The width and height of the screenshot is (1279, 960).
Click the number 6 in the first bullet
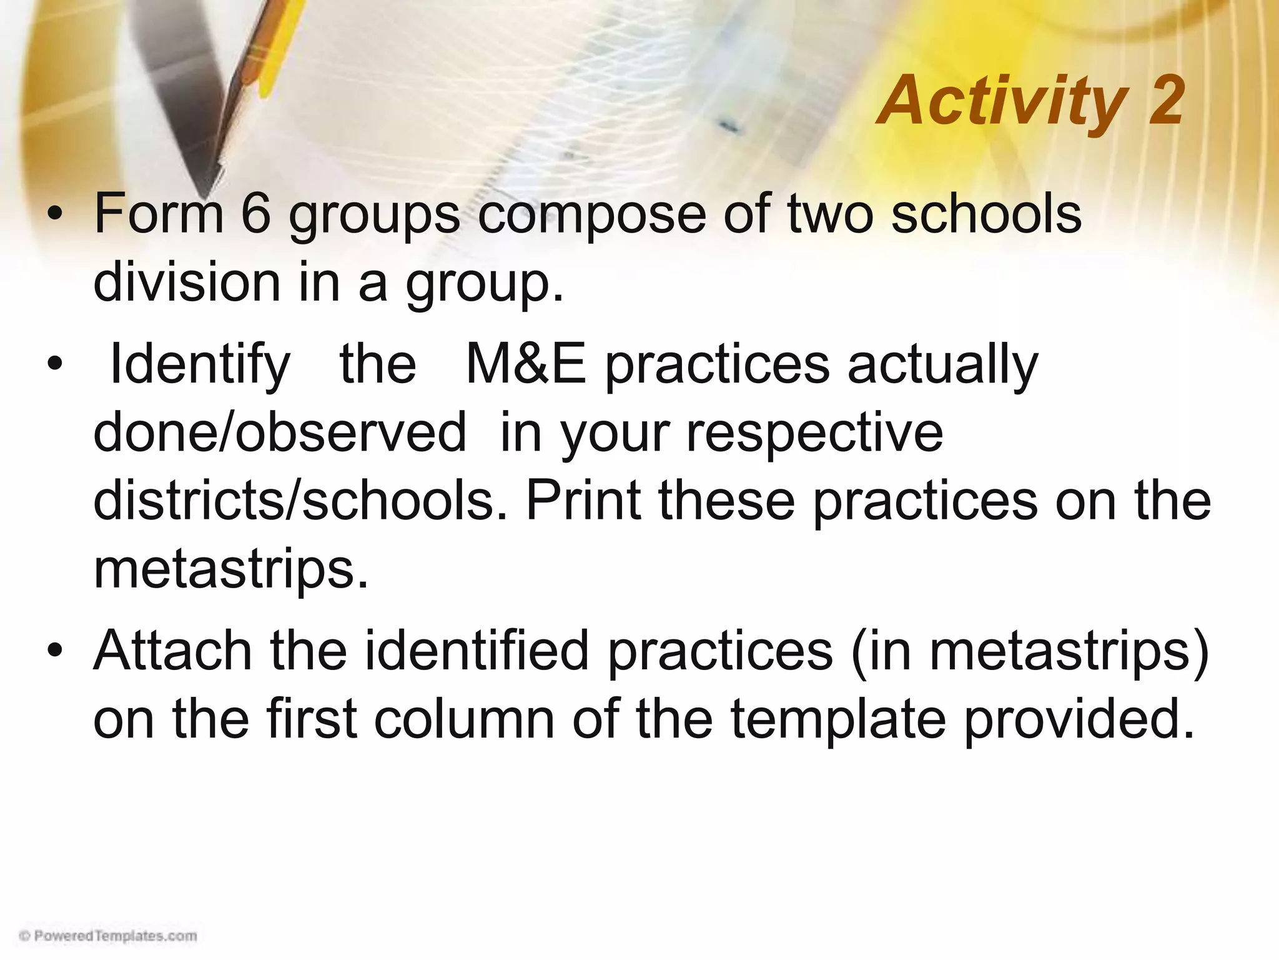coord(255,214)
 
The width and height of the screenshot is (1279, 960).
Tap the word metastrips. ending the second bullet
coord(231,571)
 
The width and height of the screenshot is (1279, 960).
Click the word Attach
coord(173,651)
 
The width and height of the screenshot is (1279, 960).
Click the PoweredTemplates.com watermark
coord(108,936)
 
